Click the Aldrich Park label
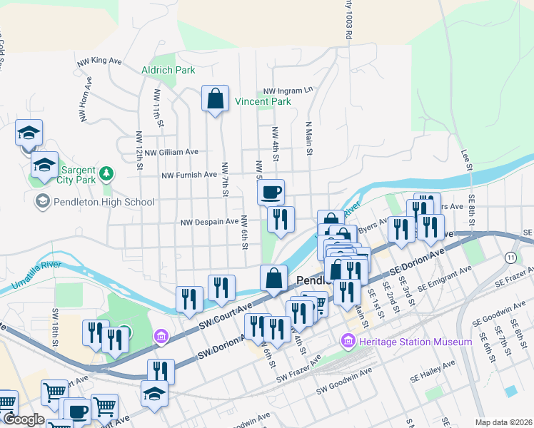(x=168, y=70)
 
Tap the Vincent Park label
(x=263, y=102)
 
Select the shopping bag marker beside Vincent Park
(x=215, y=99)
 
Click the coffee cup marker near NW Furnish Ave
(x=271, y=192)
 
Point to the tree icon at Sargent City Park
(x=106, y=172)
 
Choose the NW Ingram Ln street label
(x=288, y=91)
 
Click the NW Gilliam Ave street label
(x=171, y=152)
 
